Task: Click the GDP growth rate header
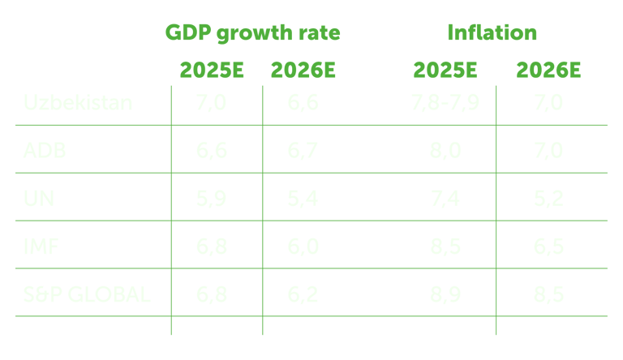click(x=252, y=33)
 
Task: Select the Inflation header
click(x=492, y=33)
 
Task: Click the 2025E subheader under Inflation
click(x=445, y=70)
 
